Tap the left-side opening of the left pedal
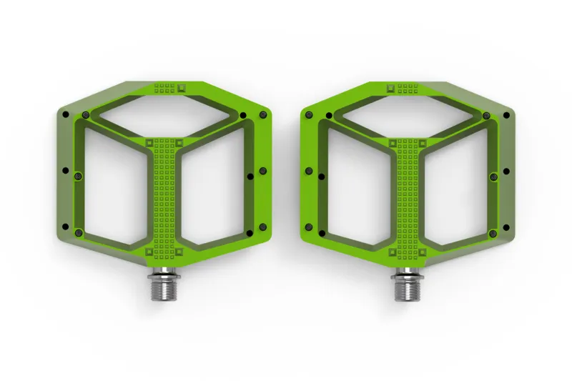click(x=114, y=186)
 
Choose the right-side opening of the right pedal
click(x=455, y=186)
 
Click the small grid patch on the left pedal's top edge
click(x=165, y=88)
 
